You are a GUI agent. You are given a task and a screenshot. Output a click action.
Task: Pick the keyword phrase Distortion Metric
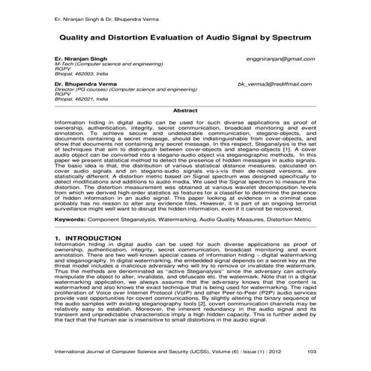(288, 220)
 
